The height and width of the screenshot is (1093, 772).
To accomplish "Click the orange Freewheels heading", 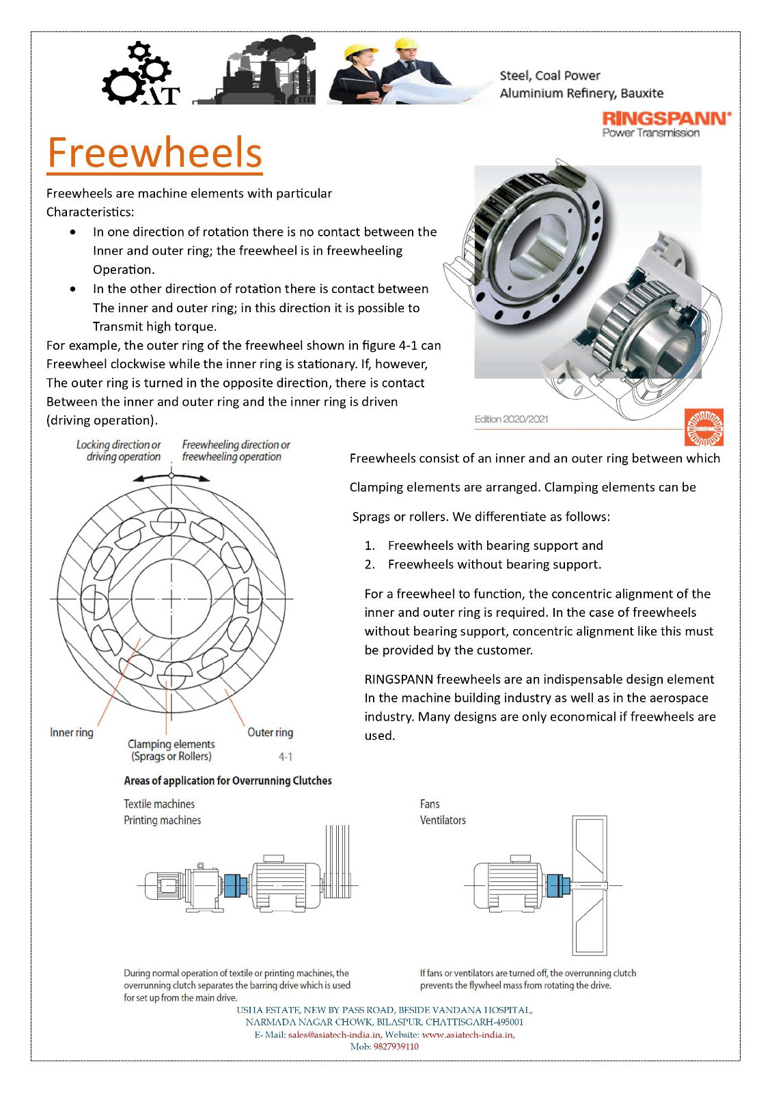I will pos(155,152).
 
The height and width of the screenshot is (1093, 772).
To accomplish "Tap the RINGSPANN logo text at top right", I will pos(666,118).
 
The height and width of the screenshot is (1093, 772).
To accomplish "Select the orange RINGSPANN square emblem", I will pos(704,428).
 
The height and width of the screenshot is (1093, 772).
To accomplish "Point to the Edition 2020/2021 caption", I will pos(511,419).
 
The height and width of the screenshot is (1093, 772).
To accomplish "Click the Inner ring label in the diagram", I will pos(72,732).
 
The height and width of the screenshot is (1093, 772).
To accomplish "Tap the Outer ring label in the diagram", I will pos(270,732).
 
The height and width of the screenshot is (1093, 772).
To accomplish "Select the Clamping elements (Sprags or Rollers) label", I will pos(171,750).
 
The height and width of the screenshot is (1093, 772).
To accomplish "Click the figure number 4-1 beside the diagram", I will pos(286,757).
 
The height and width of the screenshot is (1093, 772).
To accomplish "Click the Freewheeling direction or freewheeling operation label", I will pos(235,451).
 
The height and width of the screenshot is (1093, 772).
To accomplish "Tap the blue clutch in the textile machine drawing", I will pos(235,886).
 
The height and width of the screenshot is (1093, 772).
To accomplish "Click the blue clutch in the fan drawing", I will pos(558,885).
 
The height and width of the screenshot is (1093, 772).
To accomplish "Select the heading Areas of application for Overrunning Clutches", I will pos(228,781).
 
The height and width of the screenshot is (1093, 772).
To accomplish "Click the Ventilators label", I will pos(443,820).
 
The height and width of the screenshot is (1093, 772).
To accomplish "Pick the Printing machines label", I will pos(162,820).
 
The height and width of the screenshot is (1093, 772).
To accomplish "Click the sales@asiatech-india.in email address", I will pos(334,1035).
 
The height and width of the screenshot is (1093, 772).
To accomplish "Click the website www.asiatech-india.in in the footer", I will pos(467,1035).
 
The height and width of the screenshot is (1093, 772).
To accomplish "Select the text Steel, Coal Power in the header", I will pos(550,76).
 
